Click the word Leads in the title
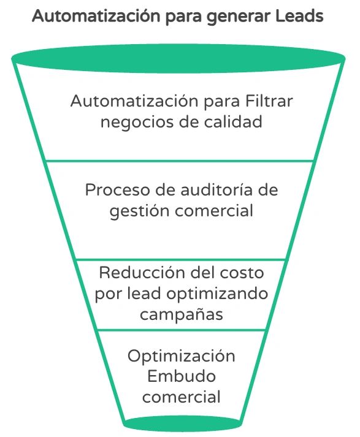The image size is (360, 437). click(299, 16)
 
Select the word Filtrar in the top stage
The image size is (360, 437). click(269, 101)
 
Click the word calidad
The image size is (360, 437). click(233, 121)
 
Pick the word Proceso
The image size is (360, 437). click(118, 190)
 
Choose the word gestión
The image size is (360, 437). click(139, 211)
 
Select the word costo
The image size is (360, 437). click(242, 273)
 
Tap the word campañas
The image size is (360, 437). click(182, 314)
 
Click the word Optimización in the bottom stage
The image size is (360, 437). click(182, 356)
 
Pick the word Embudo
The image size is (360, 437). click(182, 376)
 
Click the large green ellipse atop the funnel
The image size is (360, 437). click(178, 58)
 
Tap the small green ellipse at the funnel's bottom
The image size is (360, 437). click(182, 424)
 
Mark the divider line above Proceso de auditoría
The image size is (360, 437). click(180, 161)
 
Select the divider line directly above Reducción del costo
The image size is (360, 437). click(181, 260)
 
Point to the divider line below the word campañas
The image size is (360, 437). click(182, 330)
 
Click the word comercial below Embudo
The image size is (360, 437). click(182, 397)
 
